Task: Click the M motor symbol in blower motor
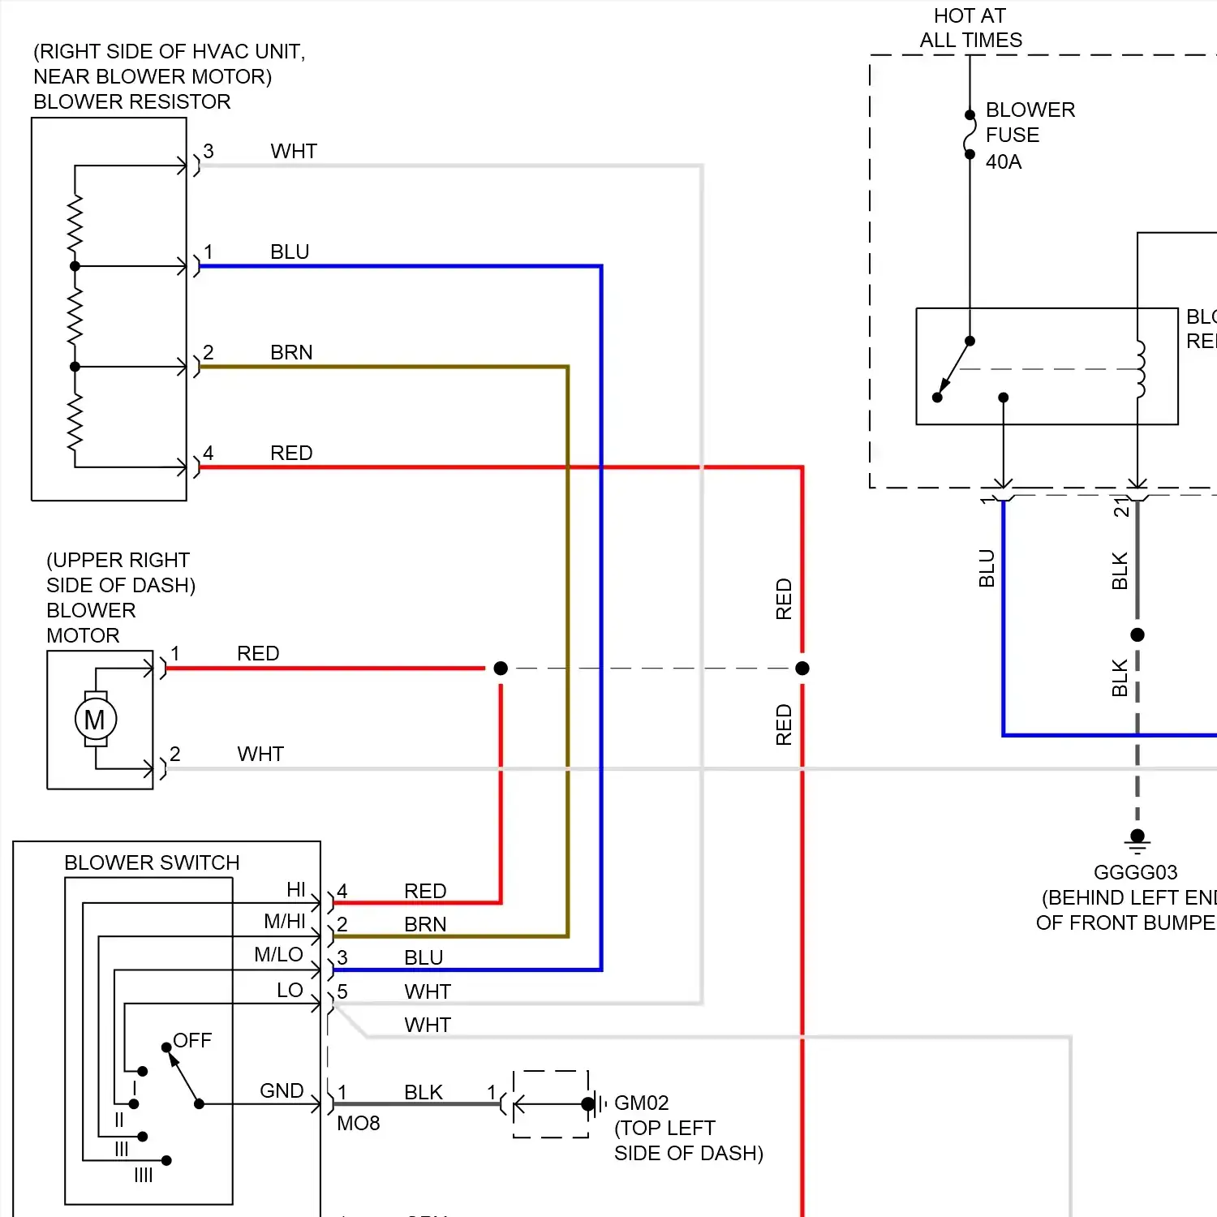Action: coord(95,720)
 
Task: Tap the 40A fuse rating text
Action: coord(1004,162)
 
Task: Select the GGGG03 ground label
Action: coord(1135,872)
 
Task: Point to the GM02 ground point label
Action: coord(641,1103)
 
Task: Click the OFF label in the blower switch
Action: coord(192,1040)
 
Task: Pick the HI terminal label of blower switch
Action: coord(296,890)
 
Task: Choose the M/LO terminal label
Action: coord(278,955)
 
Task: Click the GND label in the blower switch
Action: coord(282,1091)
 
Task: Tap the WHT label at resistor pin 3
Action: coord(294,152)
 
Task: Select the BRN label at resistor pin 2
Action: coord(291,353)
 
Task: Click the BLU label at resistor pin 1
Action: coord(290,252)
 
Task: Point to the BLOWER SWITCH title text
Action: coord(152,862)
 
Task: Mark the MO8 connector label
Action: coord(359,1123)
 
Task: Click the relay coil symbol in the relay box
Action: coord(1140,369)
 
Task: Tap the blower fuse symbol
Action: coord(970,135)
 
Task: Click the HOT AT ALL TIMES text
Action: coord(970,28)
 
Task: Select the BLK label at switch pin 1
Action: coord(424,1092)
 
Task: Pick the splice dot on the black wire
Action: coord(1137,635)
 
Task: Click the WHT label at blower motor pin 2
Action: coord(260,755)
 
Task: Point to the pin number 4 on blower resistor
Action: coord(209,453)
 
